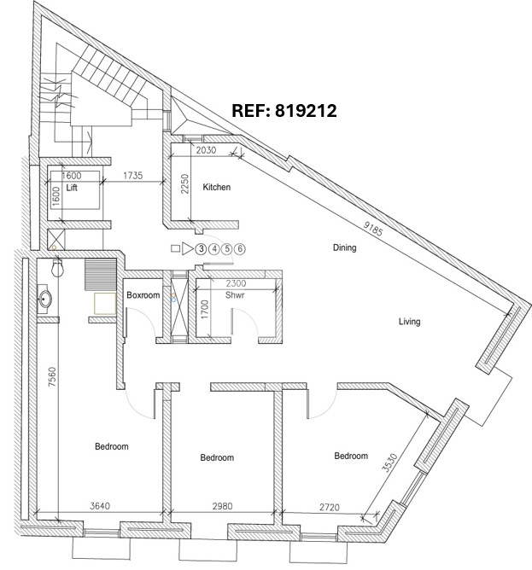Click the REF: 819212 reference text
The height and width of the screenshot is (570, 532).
pos(284,111)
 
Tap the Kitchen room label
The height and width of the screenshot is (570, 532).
pos(217,187)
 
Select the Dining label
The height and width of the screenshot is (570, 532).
pos(344,247)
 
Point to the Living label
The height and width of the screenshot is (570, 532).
pos(409,322)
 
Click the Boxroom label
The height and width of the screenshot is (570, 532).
pos(143,295)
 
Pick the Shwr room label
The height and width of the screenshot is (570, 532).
pos(235,295)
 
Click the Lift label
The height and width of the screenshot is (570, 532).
pos(72,188)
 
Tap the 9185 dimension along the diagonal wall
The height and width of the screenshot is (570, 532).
pos(373,229)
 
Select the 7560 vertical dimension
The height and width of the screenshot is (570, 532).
pos(52,376)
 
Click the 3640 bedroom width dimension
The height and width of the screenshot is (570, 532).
pos(100,506)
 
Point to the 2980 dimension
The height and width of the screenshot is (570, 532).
pos(222,506)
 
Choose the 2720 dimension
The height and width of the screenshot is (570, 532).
pos(330,507)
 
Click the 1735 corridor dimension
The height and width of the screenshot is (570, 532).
pos(133,176)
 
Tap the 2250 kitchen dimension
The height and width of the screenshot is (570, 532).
pos(184,184)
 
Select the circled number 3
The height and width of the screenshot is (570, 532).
pos(201,249)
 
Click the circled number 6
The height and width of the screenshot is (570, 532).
pos(240,249)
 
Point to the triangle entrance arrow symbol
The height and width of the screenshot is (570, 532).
pos(187,248)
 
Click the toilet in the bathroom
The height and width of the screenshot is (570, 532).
pos(58,268)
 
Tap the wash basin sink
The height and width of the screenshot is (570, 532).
pos(44,300)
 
